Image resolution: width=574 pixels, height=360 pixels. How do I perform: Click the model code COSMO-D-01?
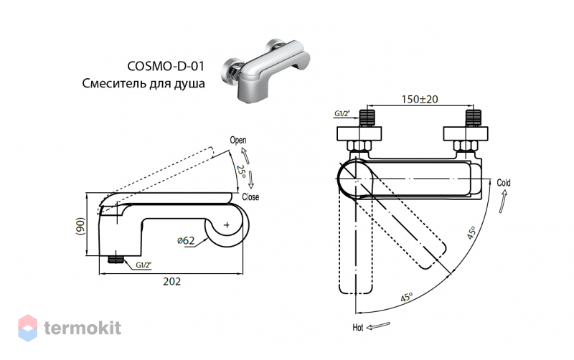[166, 66]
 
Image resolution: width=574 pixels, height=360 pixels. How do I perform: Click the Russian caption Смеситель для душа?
[143, 83]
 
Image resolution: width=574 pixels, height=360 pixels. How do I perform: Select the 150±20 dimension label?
[420, 99]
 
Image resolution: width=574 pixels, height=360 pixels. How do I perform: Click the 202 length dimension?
[171, 281]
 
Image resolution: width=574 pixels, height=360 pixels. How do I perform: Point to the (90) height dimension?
[80, 226]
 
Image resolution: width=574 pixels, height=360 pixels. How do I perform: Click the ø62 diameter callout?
[186, 240]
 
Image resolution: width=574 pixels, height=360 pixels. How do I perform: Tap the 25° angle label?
[241, 171]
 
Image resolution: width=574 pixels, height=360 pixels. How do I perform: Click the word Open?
[238, 140]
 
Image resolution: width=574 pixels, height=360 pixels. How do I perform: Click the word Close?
[250, 196]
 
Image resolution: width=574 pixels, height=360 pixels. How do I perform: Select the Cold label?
[504, 183]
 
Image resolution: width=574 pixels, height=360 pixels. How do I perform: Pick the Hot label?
[357, 328]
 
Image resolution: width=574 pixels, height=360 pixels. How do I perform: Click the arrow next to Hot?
[378, 326]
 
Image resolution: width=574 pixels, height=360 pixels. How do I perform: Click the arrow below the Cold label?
[503, 202]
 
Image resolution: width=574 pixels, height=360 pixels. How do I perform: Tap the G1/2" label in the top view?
[342, 114]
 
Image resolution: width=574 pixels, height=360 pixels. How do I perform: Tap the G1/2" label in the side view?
[143, 265]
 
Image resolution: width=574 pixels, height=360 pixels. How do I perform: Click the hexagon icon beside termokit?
[28, 328]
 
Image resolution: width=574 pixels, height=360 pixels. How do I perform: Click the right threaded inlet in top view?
[474, 118]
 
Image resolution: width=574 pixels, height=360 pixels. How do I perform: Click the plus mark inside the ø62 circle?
[227, 224]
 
